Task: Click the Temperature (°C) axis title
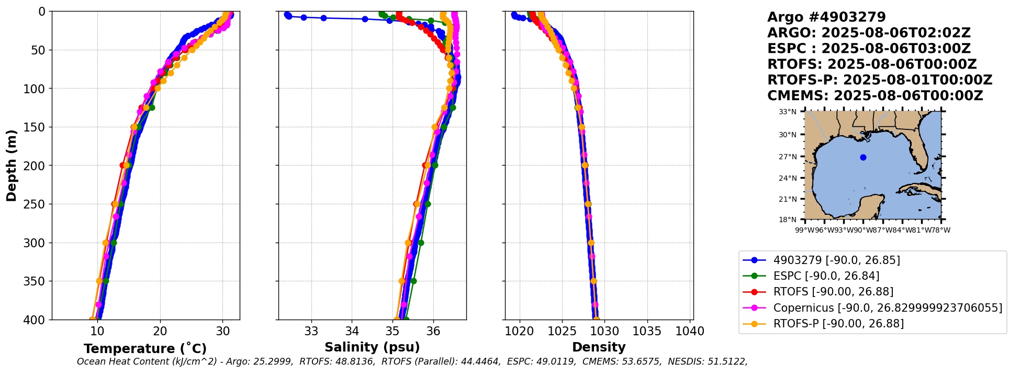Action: click(x=145, y=348)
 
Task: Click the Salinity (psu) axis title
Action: click(x=372, y=347)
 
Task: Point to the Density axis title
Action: click(x=599, y=347)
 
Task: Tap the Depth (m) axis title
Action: click(x=12, y=166)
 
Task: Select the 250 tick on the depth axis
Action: click(x=38, y=204)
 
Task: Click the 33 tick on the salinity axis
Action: click(x=311, y=331)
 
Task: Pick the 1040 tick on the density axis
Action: click(x=690, y=331)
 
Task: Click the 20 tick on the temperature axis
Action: click(x=160, y=331)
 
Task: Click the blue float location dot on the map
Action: click(x=863, y=157)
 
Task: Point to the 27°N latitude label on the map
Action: click(x=788, y=157)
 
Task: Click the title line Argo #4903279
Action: click(x=826, y=17)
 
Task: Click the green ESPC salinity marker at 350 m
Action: click(x=413, y=281)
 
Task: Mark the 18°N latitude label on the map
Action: click(x=788, y=220)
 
